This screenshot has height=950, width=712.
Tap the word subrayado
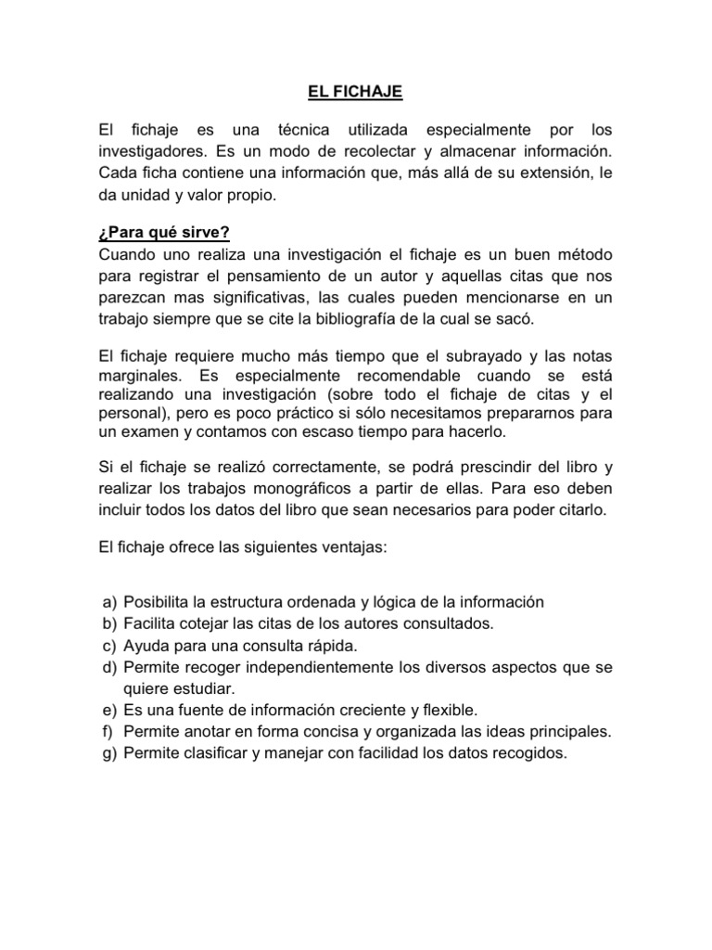pos(482,357)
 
